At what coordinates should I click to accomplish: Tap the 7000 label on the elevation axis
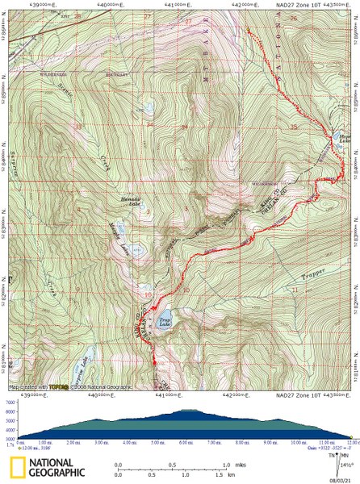(10, 379)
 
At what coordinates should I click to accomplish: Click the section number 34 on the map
(149, 125)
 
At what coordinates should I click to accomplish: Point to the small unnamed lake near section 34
(149, 107)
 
